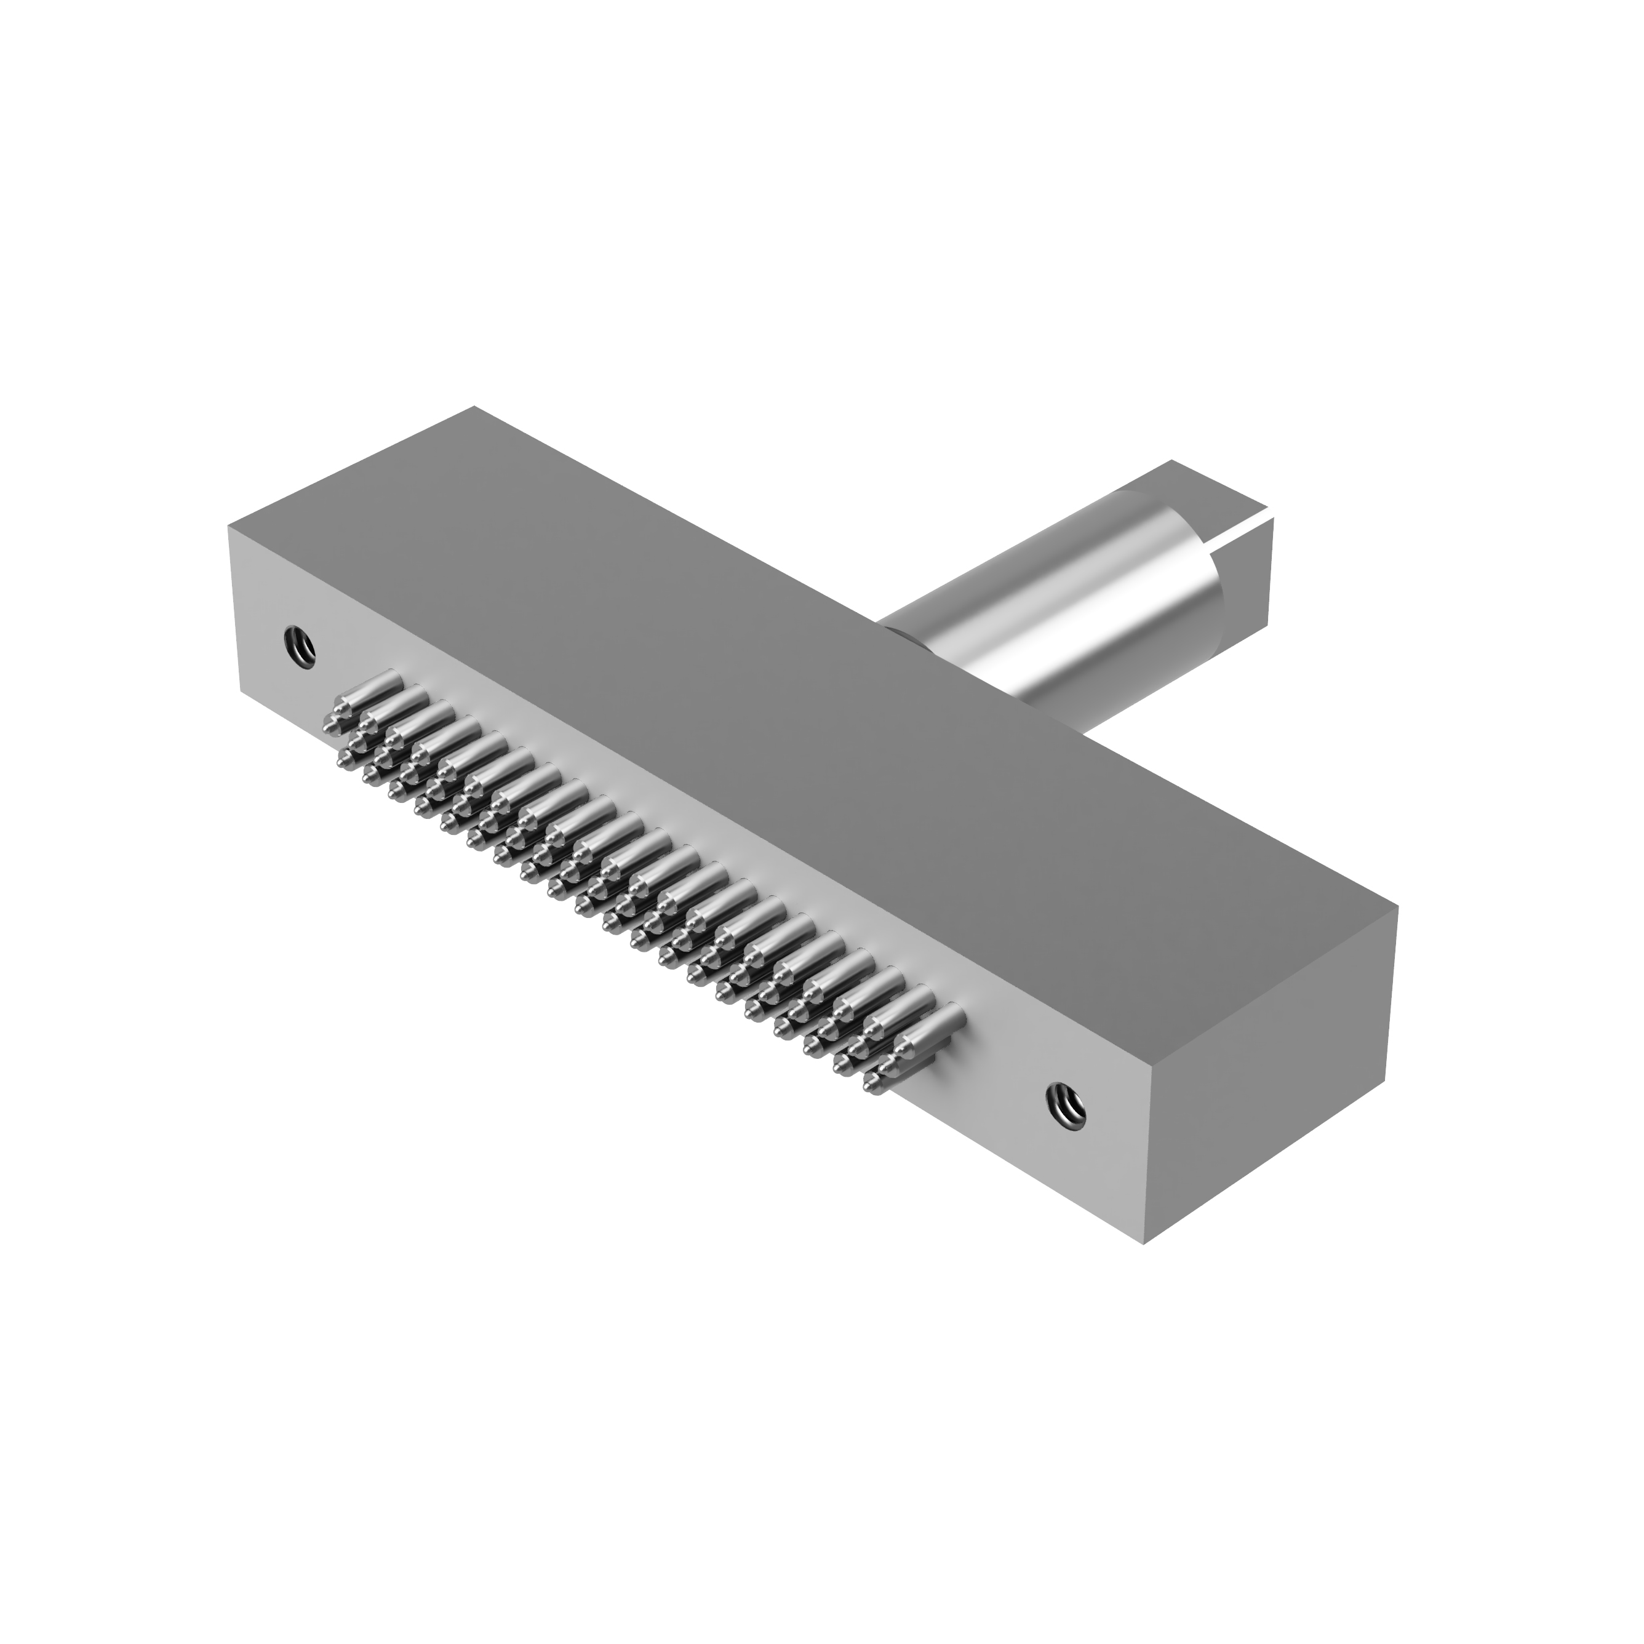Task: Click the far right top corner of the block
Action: (1398, 907)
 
